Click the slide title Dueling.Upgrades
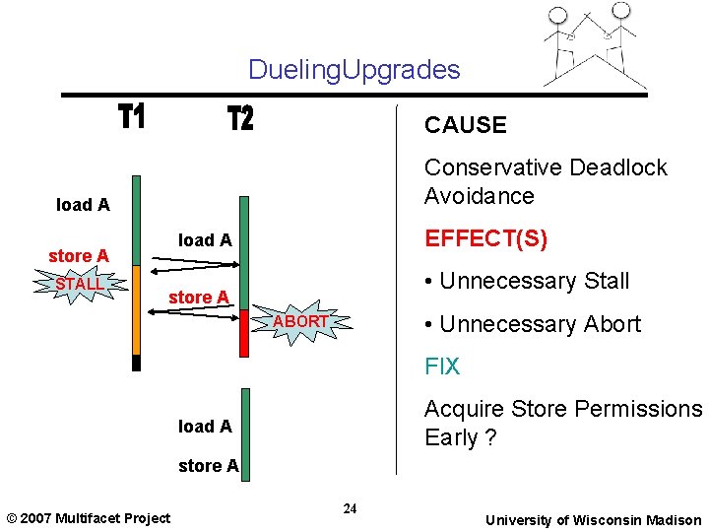coord(354,69)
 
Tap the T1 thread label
coord(132,118)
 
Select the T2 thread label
coord(240,119)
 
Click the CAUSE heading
coord(465,125)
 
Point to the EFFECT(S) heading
coord(485,239)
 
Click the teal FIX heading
coord(442,366)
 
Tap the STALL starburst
coord(79,285)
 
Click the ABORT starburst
coord(299,322)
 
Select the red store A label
coord(79,256)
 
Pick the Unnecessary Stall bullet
coord(526,281)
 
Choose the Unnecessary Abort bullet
coord(532,324)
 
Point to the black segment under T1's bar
coord(137,363)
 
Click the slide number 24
coord(350,508)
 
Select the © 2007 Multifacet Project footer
coord(89,518)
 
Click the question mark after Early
coord(490,438)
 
